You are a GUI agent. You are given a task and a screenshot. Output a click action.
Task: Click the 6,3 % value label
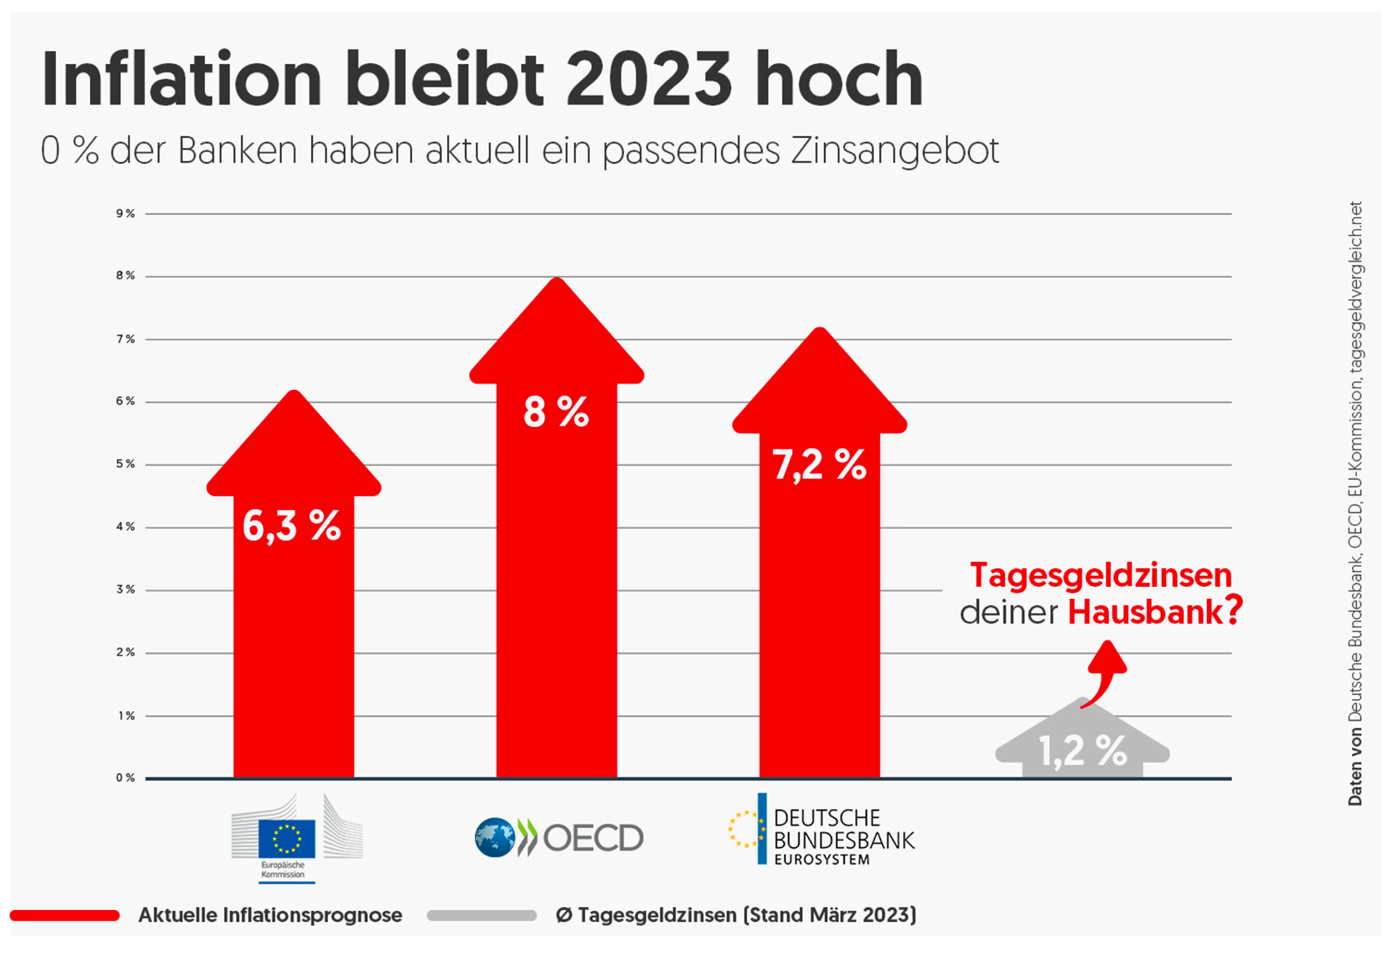coord(291,526)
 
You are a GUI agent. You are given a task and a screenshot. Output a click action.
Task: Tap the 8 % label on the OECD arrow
coord(556,412)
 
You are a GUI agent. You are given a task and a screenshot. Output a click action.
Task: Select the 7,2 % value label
coord(819,465)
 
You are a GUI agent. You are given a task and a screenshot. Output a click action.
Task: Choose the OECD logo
coord(559,838)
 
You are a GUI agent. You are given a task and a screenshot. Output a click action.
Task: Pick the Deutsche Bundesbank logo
coord(821,831)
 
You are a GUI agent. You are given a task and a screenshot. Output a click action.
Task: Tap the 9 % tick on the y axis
coord(126,213)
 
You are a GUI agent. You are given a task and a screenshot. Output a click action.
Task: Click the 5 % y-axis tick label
coord(126,464)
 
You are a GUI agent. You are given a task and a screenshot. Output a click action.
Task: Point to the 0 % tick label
coord(126,778)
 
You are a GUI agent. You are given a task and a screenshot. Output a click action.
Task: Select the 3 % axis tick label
coord(126,590)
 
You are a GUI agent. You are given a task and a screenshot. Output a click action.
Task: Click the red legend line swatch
coord(65,915)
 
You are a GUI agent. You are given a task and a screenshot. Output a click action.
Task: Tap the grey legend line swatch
coord(482,915)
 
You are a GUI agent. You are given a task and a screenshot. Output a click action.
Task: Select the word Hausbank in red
coord(1146,612)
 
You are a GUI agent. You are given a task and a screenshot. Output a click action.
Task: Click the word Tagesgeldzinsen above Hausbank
coord(1101,575)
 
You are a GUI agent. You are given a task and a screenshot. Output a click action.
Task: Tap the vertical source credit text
coord(1356,503)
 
